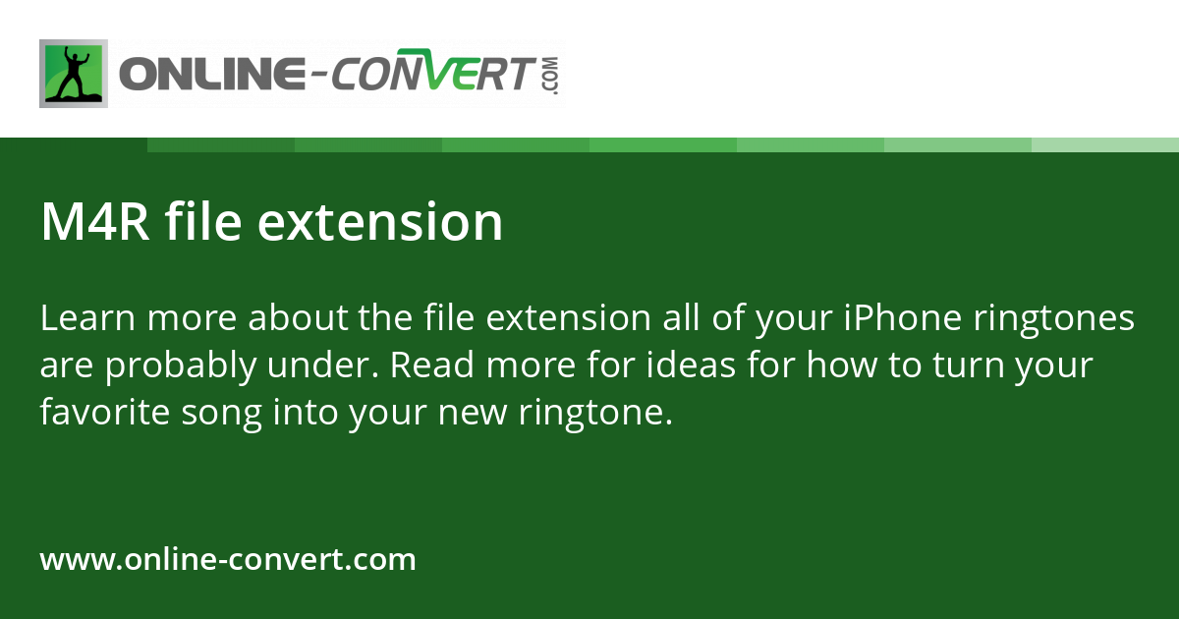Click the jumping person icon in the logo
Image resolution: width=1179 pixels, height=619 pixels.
tap(74, 74)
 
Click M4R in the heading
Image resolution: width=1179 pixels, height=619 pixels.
tap(95, 222)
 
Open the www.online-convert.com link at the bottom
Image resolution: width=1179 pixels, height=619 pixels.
tap(228, 560)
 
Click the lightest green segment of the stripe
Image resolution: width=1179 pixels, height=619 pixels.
tap(1105, 144)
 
